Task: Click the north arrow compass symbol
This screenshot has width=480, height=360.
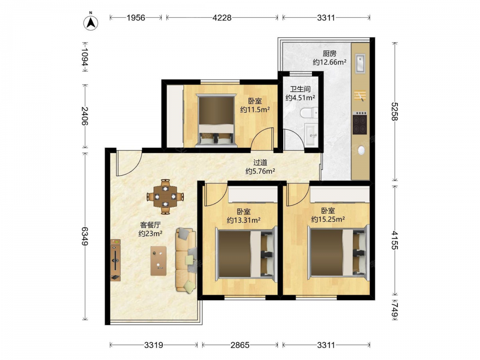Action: pyautogui.click(x=91, y=23)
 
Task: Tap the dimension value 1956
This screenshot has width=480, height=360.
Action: pyautogui.click(x=136, y=18)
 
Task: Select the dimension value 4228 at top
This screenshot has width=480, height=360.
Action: pyautogui.click(x=222, y=18)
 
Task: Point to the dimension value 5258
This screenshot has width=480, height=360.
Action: pyautogui.click(x=394, y=111)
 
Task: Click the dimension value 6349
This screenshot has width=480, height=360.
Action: pyautogui.click(x=85, y=236)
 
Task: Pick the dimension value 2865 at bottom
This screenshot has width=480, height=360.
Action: pyautogui.click(x=240, y=345)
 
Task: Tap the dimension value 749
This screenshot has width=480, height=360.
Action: pyautogui.click(x=394, y=310)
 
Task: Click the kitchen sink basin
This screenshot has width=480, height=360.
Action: pyautogui.click(x=360, y=63)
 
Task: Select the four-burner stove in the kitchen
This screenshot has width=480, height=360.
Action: pyautogui.click(x=360, y=123)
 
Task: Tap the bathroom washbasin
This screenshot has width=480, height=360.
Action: pyautogui.click(x=312, y=134)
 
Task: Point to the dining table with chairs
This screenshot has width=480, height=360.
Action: pyautogui.click(x=165, y=196)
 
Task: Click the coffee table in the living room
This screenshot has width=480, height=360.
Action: pyautogui.click(x=158, y=261)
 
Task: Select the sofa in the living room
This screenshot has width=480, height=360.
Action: pyautogui.click(x=186, y=260)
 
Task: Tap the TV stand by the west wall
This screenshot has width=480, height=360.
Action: pyautogui.click(x=115, y=260)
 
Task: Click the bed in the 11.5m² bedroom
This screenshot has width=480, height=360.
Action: pyautogui.click(x=216, y=120)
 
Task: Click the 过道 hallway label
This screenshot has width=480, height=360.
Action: pyautogui.click(x=260, y=163)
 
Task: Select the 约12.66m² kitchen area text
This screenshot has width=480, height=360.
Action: pyautogui.click(x=329, y=62)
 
